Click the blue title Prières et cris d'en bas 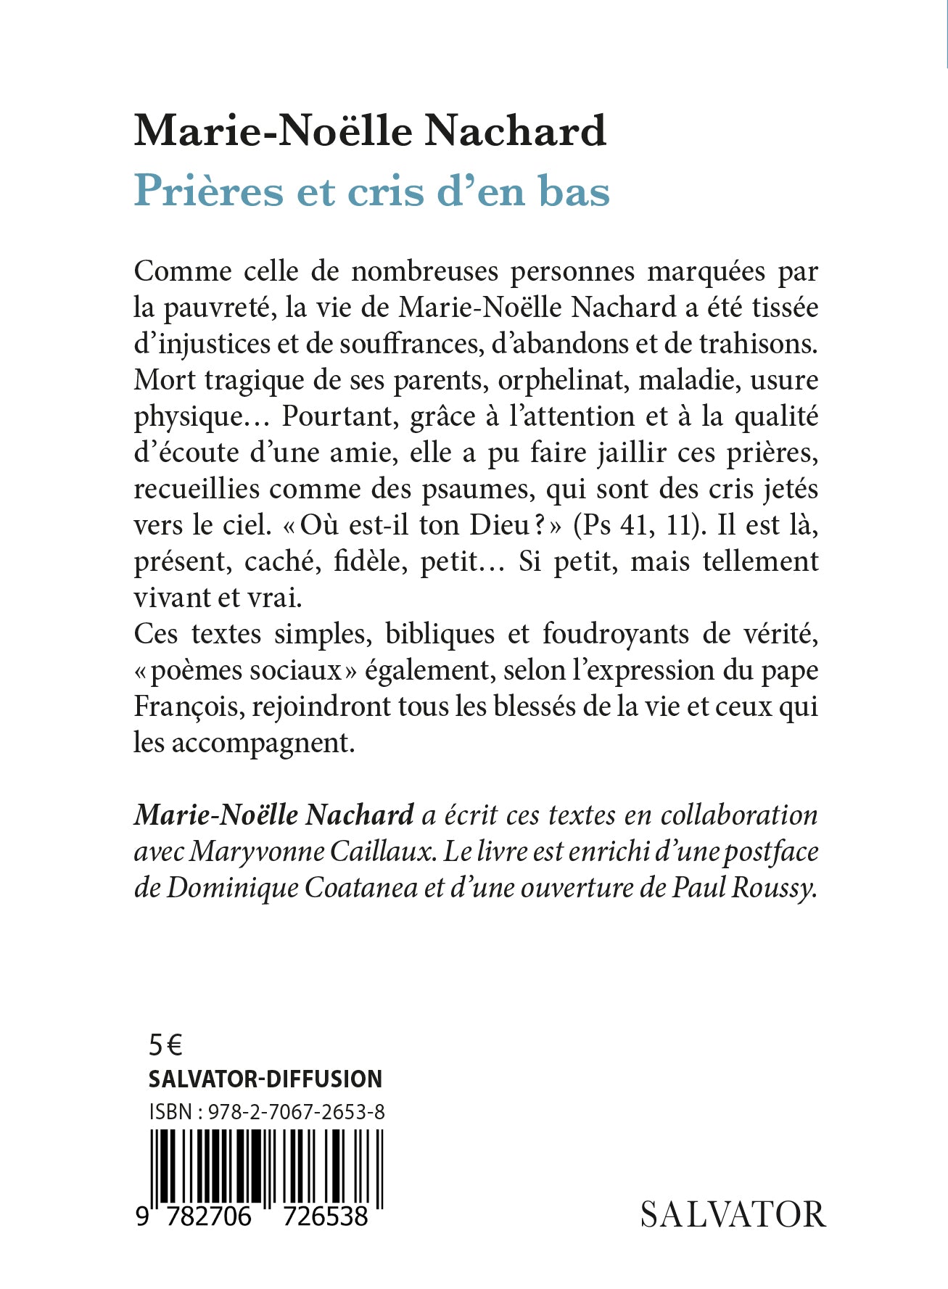click(371, 191)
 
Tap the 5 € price click(165, 1045)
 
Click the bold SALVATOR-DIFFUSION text click(265, 1079)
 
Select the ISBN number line click(267, 1111)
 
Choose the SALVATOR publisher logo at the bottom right click(733, 1214)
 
